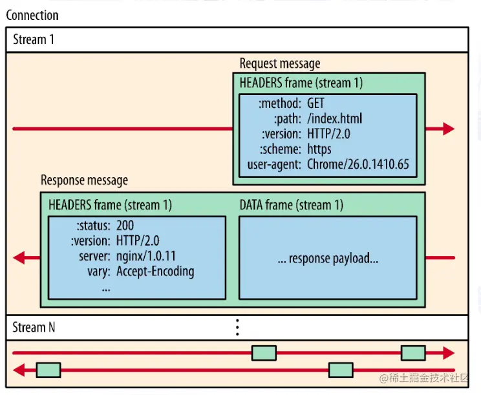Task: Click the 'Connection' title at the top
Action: click(x=32, y=15)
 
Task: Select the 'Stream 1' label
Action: click(x=34, y=39)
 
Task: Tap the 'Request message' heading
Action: click(x=279, y=63)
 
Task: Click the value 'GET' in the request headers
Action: click(x=317, y=103)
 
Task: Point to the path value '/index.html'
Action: click(x=334, y=119)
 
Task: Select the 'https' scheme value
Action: click(x=319, y=149)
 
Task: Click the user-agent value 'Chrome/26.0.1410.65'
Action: click(x=358, y=164)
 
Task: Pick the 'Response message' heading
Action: click(x=84, y=180)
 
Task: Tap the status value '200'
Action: click(x=125, y=225)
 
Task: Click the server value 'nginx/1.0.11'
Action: click(x=147, y=255)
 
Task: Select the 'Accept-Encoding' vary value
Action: click(x=155, y=271)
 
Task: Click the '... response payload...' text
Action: click(x=328, y=259)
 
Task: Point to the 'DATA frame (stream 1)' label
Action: click(x=291, y=205)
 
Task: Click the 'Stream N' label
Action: click(x=34, y=327)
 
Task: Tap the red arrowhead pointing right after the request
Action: click(x=449, y=129)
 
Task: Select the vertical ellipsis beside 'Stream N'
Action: click(x=237, y=327)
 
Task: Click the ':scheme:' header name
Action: click(x=281, y=149)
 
